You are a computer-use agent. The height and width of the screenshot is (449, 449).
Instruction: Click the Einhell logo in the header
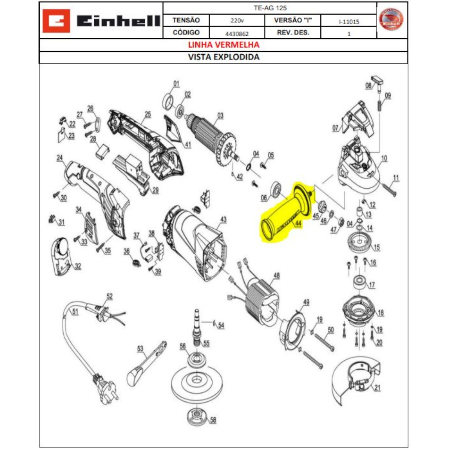click(x=101, y=21)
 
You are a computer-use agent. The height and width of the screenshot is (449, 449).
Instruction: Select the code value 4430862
click(x=236, y=33)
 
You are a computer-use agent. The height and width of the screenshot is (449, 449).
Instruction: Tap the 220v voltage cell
click(x=236, y=21)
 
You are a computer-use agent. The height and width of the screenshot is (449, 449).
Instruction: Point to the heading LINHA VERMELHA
click(x=223, y=45)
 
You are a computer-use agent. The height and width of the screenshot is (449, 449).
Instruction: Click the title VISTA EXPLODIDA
click(x=223, y=57)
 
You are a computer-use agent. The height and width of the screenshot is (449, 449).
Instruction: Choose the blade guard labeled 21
click(x=355, y=378)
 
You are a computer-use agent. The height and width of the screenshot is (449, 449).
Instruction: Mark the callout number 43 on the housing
click(x=223, y=220)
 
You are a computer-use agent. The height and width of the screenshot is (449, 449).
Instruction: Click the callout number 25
click(x=148, y=114)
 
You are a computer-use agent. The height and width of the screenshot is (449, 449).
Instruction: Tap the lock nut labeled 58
click(x=197, y=416)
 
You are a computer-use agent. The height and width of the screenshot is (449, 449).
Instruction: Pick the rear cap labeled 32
click(x=61, y=256)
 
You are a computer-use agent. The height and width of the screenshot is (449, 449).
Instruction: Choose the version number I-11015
click(x=349, y=21)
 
